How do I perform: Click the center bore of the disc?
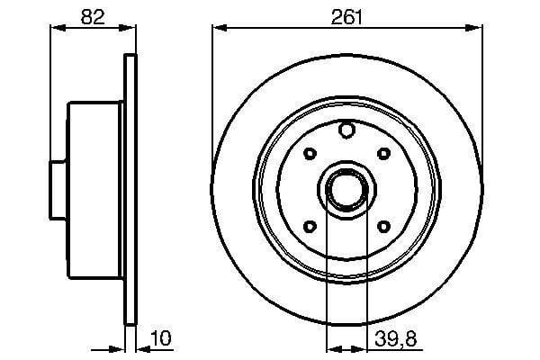pyautogui.click(x=345, y=188)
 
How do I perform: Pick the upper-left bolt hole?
pyautogui.click(x=309, y=152)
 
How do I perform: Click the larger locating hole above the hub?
pyautogui.click(x=346, y=131)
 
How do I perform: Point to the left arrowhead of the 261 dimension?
pyautogui.click(x=218, y=29)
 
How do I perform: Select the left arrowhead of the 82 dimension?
pyautogui.click(x=52, y=29)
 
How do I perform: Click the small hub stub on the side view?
pyautogui.click(x=58, y=188)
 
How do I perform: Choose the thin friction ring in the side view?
pyautogui.click(x=130, y=188)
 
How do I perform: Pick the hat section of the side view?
pyautogui.click(x=94, y=188)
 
